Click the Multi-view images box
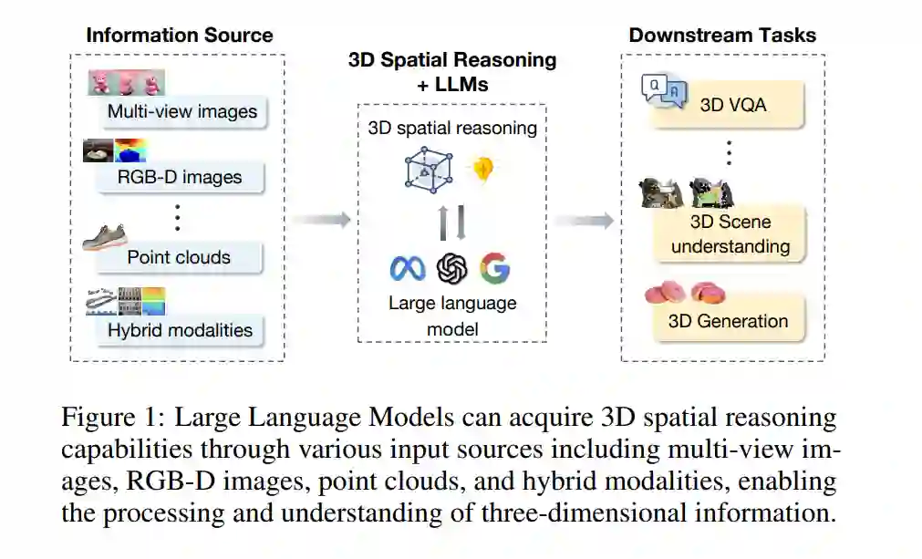pos(181,112)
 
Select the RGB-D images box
pos(181,176)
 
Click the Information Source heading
pos(179,36)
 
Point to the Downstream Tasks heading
pos(722,36)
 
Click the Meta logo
pos(408,268)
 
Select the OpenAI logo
pos(451,268)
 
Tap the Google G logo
pos(494,268)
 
